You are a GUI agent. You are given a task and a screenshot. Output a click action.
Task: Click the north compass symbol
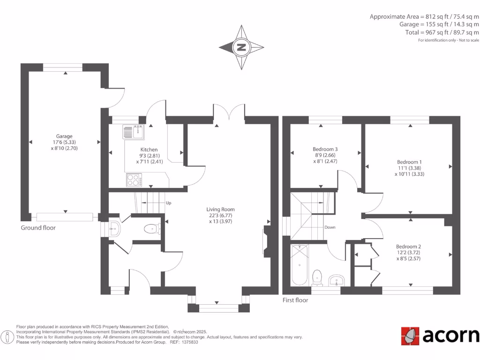[x=241, y=47]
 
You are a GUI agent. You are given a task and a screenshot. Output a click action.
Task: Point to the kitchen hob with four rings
[x=135, y=180]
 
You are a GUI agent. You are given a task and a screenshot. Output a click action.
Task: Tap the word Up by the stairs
[x=168, y=203]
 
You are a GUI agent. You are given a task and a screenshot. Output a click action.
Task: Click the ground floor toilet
[x=151, y=229]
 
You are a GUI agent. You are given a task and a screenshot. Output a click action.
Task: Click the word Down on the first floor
[x=330, y=227]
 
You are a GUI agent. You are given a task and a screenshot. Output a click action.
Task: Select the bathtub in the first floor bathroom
[x=299, y=265]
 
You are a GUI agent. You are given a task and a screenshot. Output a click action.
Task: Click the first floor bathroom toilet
[x=317, y=277]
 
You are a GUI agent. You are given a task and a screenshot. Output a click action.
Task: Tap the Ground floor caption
[x=38, y=228]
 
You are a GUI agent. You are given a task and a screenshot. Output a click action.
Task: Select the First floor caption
[x=295, y=300]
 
